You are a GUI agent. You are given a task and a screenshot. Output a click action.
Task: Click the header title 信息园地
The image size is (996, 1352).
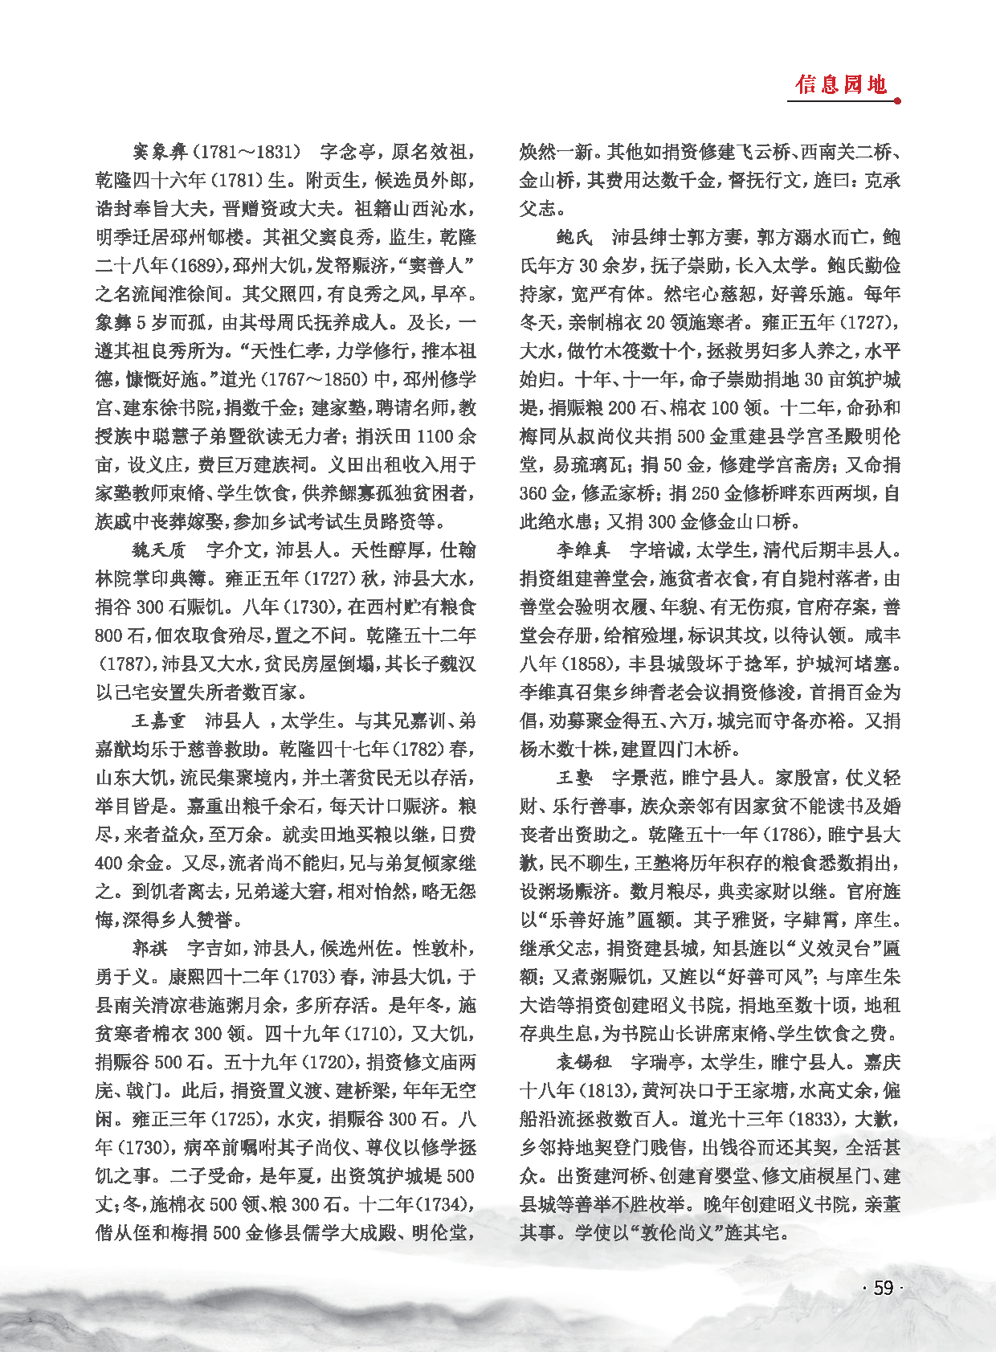coord(841,84)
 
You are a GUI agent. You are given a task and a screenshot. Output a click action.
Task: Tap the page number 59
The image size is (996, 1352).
coord(883,1288)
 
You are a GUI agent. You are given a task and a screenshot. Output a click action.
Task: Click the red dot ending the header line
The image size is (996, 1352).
coord(897,101)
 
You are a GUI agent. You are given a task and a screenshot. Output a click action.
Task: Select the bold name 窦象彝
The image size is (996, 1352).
coord(160,151)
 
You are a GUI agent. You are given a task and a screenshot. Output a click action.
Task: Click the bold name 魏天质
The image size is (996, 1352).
coord(159,550)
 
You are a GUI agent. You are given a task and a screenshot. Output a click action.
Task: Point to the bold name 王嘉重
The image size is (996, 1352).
coord(159,721)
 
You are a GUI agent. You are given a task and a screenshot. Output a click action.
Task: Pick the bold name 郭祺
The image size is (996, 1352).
coord(150,949)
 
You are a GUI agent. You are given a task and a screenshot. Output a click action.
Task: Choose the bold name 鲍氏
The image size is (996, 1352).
coord(575,237)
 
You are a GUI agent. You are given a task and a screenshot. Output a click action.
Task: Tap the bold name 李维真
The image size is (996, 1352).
coord(584,550)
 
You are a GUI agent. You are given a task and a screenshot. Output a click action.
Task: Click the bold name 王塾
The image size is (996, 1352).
coord(575,778)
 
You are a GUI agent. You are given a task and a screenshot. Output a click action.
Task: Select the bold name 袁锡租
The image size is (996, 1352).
coord(584,1062)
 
